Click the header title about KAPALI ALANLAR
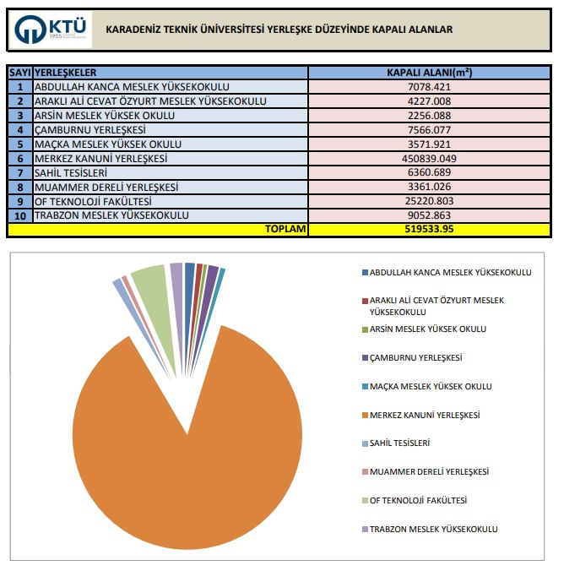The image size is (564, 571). [x=279, y=30]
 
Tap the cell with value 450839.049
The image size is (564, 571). [x=431, y=158]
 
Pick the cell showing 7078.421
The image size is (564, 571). [x=431, y=86]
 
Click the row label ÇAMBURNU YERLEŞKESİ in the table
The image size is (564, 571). [x=90, y=129]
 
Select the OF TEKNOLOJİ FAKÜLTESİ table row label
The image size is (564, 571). [x=93, y=201]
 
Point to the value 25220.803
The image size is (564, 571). [x=431, y=201]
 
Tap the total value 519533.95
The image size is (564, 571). [x=431, y=229]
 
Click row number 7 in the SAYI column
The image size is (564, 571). [x=19, y=172]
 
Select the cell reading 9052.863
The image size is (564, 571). [x=431, y=215]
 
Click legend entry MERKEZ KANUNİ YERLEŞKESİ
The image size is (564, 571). [x=424, y=415]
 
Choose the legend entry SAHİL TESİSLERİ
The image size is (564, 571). [x=400, y=443]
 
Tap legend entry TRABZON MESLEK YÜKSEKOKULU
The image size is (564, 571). [x=433, y=529]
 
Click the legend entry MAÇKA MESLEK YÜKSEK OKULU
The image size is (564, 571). [x=431, y=386]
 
